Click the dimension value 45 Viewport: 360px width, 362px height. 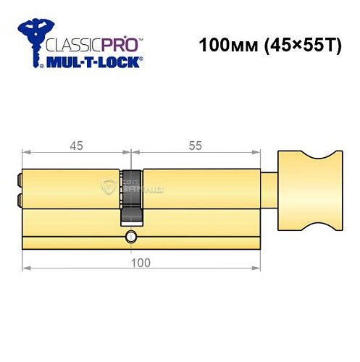pyautogui.click(x=76, y=146)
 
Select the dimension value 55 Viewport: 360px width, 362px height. pyautogui.click(x=195, y=146)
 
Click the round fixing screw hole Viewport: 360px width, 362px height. pyautogui.click(x=130, y=237)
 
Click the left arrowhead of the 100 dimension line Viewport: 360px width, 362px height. pyautogui.click(x=26, y=269)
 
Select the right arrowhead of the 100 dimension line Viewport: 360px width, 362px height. pyautogui.click(x=256, y=269)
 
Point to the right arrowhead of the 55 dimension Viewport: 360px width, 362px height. pyautogui.click(x=256, y=153)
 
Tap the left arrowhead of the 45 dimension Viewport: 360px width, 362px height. pyautogui.click(x=26, y=153)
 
